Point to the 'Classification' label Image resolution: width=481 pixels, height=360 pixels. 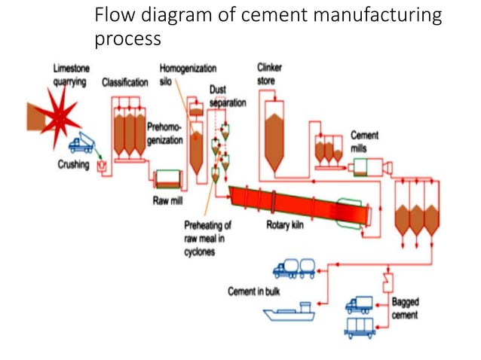click(x=125, y=82)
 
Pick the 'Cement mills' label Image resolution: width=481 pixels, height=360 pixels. click(x=364, y=141)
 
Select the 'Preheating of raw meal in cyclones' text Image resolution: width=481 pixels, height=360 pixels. click(x=207, y=237)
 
